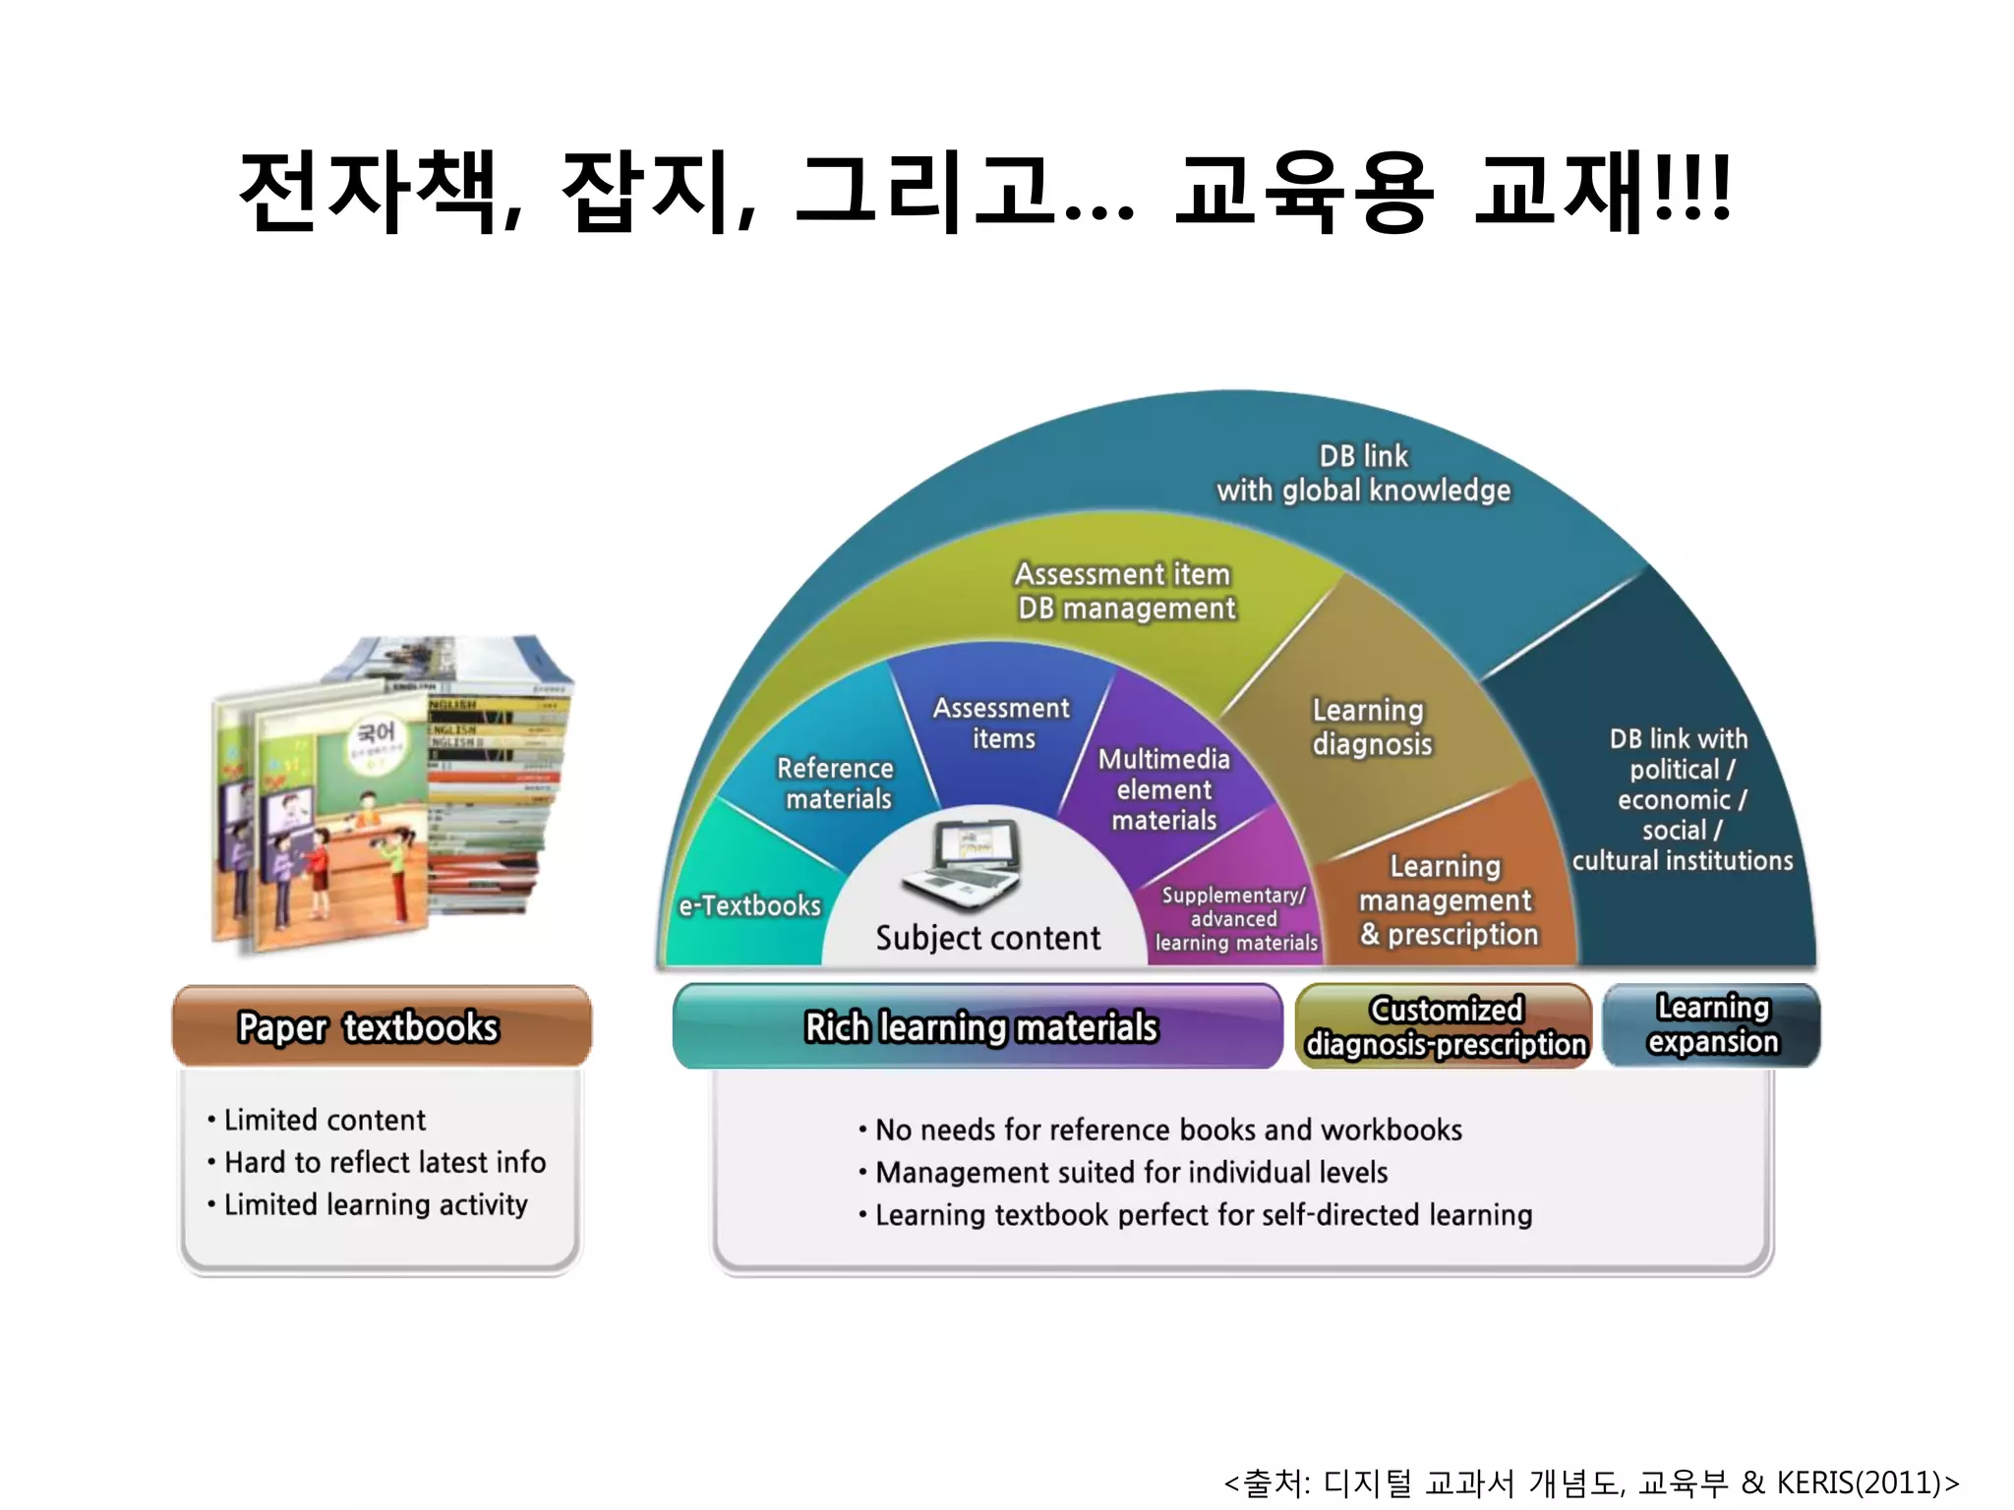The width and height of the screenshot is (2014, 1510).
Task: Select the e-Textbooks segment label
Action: pos(749,905)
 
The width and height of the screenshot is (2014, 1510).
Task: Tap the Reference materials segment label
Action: pos(836,784)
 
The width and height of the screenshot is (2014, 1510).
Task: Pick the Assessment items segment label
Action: pos(1002,723)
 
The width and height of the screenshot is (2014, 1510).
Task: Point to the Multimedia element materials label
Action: pos(1164,789)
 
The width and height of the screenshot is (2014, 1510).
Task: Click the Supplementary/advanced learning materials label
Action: pos(1235,919)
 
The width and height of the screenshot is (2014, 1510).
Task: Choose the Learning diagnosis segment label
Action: pos(1371,726)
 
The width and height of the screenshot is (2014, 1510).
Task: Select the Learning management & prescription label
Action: pos(1448,900)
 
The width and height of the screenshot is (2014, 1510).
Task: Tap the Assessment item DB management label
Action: pos(1125,591)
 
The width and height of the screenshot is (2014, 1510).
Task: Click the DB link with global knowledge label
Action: pos(1363,473)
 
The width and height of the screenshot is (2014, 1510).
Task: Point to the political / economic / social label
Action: pos(1682,799)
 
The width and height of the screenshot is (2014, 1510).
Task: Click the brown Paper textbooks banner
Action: pos(382,1026)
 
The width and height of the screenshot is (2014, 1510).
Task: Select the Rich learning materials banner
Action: pos(979,1026)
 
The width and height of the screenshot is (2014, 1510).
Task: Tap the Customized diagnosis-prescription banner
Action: pos(1445,1026)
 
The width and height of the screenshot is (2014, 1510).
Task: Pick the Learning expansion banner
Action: pos(1712,1024)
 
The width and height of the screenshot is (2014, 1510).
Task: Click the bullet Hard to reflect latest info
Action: pos(385,1162)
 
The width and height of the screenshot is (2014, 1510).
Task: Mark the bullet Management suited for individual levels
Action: pos(1131,1172)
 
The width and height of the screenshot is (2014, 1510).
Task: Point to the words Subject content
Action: pos(987,938)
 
